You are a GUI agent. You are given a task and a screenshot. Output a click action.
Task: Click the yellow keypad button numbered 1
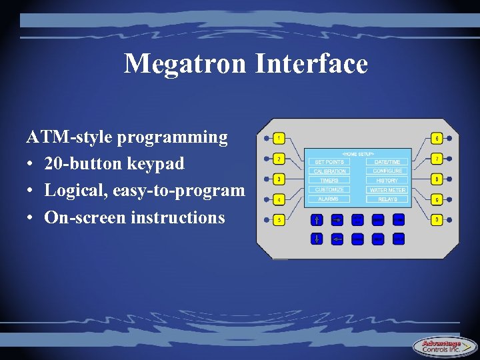click(279, 139)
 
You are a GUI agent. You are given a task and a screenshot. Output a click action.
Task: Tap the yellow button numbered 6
click(437, 139)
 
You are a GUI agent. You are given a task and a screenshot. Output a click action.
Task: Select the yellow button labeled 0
click(437, 219)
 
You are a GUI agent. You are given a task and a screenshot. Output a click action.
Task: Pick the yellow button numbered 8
click(437, 179)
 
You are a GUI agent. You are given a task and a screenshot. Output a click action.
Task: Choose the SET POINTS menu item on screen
click(329, 162)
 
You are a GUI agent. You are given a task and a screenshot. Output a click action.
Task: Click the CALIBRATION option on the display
click(329, 171)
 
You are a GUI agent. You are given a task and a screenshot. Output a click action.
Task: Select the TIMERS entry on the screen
click(329, 181)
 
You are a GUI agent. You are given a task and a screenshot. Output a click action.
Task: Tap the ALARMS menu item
click(329, 199)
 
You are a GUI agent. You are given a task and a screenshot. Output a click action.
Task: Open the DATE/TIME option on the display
click(387, 162)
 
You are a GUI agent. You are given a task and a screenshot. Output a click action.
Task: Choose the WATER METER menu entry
click(387, 190)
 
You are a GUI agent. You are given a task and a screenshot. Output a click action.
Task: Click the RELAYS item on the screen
click(387, 199)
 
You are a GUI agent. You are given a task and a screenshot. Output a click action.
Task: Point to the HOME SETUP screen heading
click(358, 154)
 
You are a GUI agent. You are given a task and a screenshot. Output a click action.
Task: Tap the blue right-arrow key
click(337, 219)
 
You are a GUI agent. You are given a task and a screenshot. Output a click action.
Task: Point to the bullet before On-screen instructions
click(31, 218)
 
